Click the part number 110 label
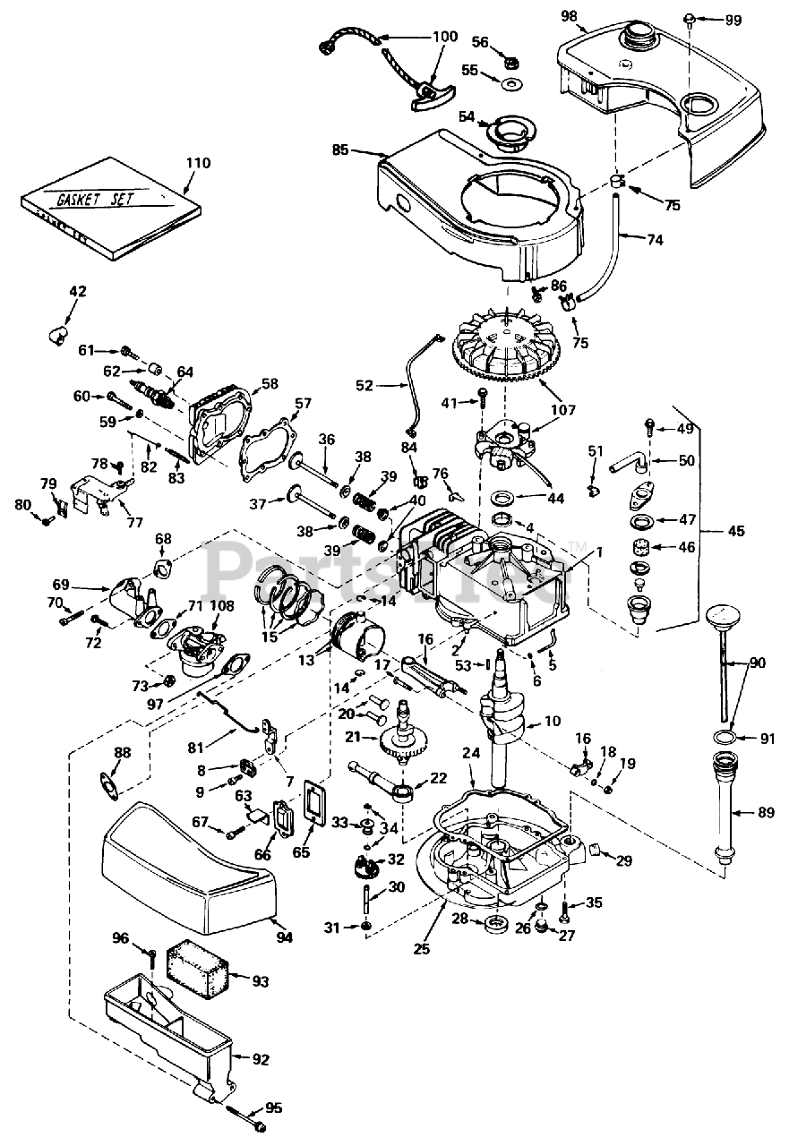[x=198, y=163]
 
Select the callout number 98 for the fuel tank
[x=569, y=15]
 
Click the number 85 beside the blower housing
[x=341, y=150]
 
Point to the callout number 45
[x=736, y=531]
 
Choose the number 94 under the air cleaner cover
[x=284, y=936]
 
